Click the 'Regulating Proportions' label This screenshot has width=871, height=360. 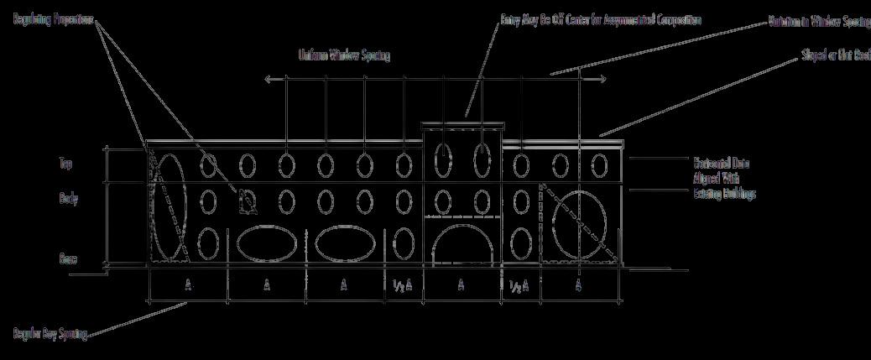(x=52, y=19)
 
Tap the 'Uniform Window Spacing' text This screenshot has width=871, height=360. (x=344, y=56)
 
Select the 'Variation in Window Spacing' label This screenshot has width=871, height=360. (x=819, y=22)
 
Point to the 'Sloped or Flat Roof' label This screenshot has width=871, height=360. (x=836, y=60)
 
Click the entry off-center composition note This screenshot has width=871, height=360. (x=600, y=19)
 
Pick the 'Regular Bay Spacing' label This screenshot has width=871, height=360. (x=50, y=334)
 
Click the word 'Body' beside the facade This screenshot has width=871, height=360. (x=69, y=200)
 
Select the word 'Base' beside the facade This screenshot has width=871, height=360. (x=69, y=259)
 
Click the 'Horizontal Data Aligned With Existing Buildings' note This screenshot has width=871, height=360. (x=724, y=178)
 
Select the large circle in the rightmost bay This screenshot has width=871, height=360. (x=580, y=217)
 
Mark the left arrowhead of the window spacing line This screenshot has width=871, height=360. (x=268, y=80)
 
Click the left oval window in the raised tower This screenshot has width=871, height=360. (x=442, y=159)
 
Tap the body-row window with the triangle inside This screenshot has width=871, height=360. (x=247, y=201)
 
